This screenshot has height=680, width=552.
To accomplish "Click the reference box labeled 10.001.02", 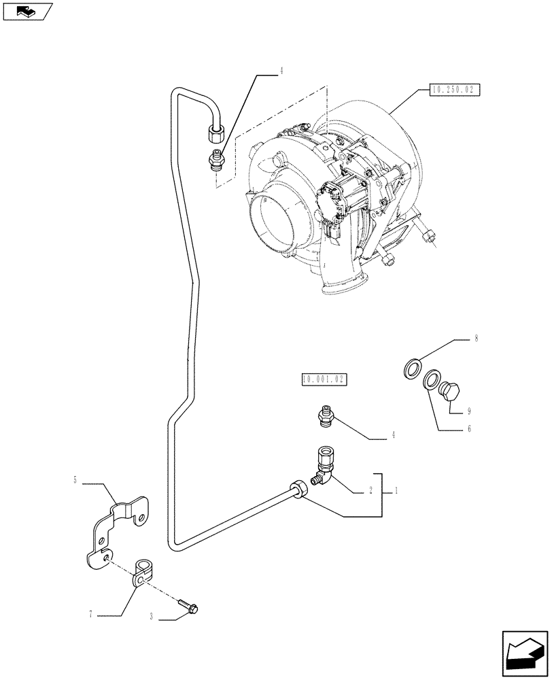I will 323,379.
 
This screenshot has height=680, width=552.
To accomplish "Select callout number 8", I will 477,337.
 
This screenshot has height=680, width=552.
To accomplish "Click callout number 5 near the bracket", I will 75,481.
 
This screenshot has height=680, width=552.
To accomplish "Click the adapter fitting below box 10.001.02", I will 326,415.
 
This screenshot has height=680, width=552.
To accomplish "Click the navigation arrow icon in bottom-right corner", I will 523,654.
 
